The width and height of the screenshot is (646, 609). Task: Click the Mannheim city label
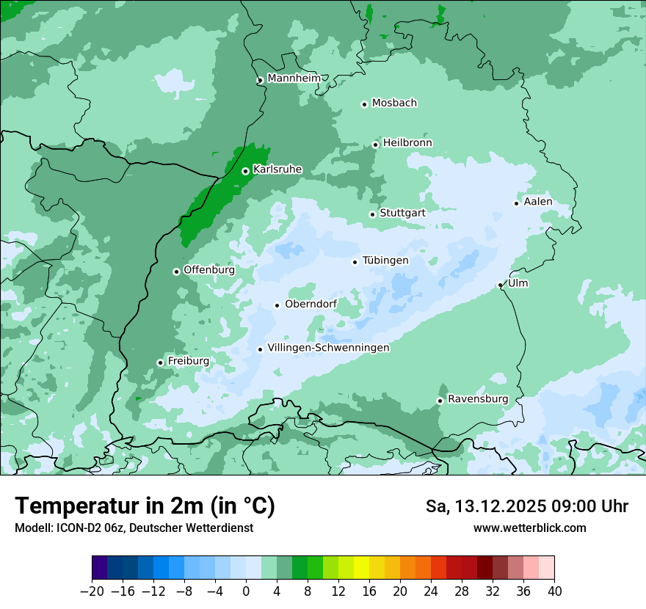click(294, 78)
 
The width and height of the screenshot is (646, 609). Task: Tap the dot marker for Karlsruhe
click(245, 171)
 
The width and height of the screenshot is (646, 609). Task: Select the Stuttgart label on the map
click(402, 213)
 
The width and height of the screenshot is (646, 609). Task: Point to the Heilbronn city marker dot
click(375, 145)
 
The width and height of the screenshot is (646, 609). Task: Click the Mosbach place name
click(394, 103)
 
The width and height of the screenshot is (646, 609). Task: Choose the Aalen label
click(538, 202)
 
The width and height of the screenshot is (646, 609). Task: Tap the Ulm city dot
click(500, 285)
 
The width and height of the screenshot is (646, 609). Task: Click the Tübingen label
click(385, 260)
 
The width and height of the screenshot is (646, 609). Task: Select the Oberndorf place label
click(311, 304)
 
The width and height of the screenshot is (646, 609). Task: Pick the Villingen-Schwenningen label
click(328, 348)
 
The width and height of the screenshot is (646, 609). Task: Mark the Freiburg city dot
click(160, 362)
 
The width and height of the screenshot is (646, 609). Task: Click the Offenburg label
click(209, 270)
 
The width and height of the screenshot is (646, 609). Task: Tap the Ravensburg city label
click(478, 399)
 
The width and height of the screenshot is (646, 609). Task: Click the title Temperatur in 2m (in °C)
click(145, 506)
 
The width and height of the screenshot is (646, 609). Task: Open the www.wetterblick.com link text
click(529, 528)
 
